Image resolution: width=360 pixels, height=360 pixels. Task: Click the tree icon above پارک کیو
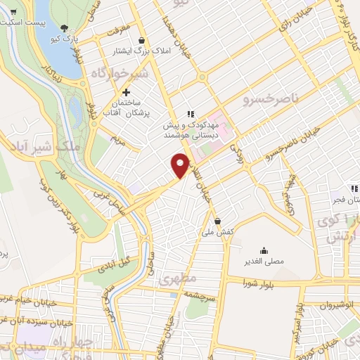tap(65, 29)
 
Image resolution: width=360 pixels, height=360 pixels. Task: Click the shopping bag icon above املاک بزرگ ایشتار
tap(143, 40)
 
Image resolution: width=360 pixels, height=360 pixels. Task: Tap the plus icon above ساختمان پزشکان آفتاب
tap(127, 92)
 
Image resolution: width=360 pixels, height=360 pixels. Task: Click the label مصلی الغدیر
tap(264, 261)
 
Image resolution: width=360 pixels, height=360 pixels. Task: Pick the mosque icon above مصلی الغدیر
tap(264, 250)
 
